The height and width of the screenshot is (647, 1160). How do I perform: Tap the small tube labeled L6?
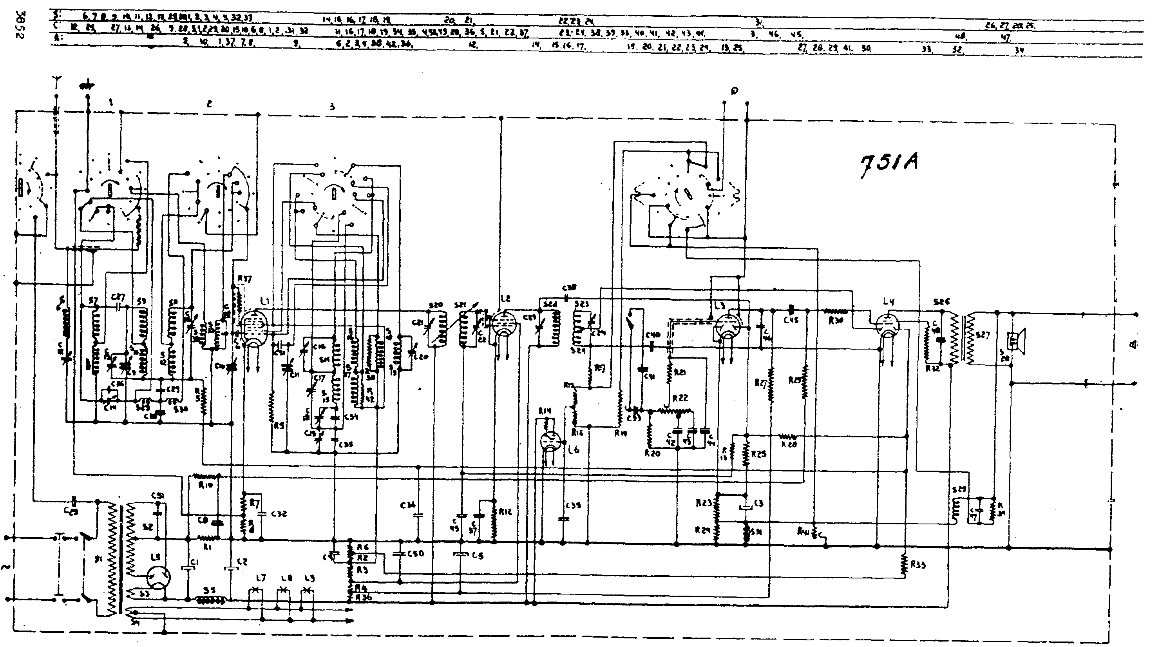pyautogui.click(x=550, y=442)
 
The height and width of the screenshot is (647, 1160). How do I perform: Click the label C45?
pyautogui.click(x=791, y=320)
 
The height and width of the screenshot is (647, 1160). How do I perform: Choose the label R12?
pyautogui.click(x=505, y=512)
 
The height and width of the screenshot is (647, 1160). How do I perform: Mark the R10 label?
pyautogui.click(x=205, y=485)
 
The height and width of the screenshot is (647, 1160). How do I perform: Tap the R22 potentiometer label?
pyautogui.click(x=680, y=398)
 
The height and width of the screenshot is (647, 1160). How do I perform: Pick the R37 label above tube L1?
pyautogui.click(x=244, y=279)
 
